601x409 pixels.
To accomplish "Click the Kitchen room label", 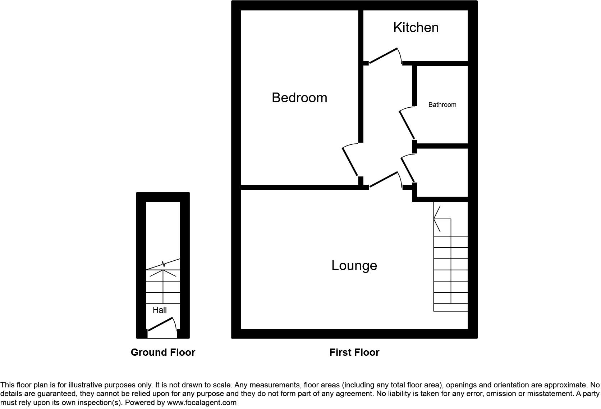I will pos(416,28).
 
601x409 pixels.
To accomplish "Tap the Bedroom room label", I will pos(299,98).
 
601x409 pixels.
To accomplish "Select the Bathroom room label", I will pos(442,105).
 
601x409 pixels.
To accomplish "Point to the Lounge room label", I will pos(354,266).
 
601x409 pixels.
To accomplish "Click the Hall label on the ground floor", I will pos(160,310).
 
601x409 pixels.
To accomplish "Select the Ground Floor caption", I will pos(163,352).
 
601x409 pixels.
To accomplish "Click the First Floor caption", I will pos(354,352).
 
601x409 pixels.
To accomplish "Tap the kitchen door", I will pos(384,56).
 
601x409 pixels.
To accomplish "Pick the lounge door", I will pos(384,180).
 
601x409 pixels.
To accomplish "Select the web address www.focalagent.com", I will pos(202,403).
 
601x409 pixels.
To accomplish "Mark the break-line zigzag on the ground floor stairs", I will pos(164,264).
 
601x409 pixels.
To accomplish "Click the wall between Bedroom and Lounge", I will pos(300,187).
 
